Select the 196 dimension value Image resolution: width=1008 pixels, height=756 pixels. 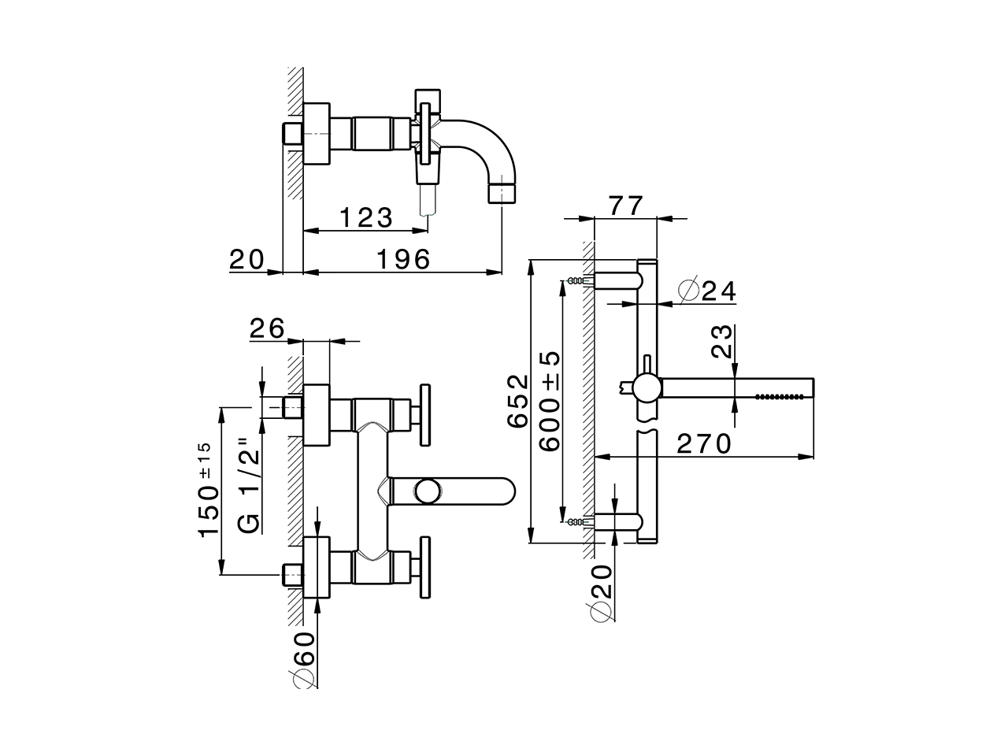tap(402, 259)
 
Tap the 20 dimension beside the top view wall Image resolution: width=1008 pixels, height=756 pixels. tap(246, 258)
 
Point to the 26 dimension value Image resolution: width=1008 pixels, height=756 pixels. tap(267, 328)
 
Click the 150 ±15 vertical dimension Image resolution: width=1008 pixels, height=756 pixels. tap(207, 490)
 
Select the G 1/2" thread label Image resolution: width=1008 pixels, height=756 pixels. tap(250, 485)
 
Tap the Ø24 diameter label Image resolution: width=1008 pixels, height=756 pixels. tap(706, 291)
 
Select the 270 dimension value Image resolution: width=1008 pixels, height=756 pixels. tap(705, 443)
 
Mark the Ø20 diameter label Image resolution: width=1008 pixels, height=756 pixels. tap(602, 591)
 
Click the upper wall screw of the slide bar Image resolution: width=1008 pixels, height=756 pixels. tap(580, 280)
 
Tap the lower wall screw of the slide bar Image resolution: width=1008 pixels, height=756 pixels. tap(580, 521)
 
